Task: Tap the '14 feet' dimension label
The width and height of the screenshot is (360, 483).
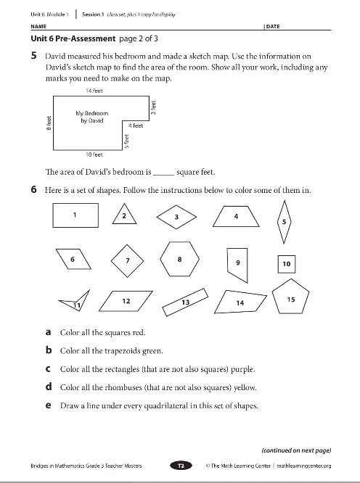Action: [x=94, y=91]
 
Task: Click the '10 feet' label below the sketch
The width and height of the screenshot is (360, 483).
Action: [x=94, y=154]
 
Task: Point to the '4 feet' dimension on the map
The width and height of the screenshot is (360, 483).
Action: [x=136, y=125]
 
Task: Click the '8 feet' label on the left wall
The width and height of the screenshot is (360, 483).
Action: [x=49, y=123]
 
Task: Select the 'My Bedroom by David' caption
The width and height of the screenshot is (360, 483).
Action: [x=92, y=117]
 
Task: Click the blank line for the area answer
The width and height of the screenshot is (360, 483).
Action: [x=163, y=175]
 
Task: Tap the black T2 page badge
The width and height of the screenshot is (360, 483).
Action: [x=181, y=466]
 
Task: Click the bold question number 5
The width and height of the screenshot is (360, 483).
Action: [x=34, y=56]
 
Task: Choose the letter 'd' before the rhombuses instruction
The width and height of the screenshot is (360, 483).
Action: [x=49, y=387]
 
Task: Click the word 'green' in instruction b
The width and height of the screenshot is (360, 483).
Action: [x=152, y=351]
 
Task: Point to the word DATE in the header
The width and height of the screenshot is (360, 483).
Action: [x=273, y=27]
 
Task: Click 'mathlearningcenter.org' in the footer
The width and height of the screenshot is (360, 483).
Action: [x=304, y=466]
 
